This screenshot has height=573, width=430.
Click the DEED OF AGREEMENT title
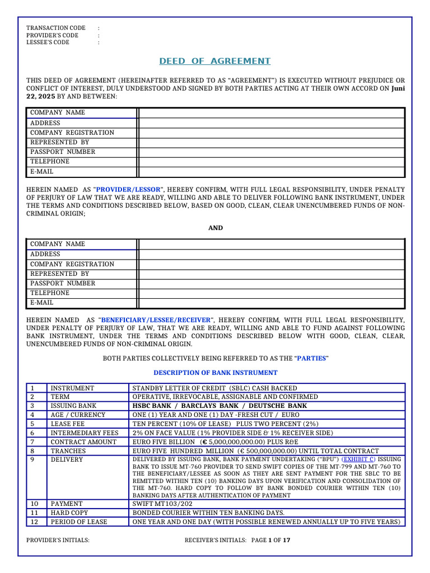[215, 61]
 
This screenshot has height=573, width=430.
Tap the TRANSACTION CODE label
[56, 28]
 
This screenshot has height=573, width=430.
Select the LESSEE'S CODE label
[48, 43]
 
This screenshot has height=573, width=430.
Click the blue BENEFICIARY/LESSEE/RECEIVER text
[155, 320]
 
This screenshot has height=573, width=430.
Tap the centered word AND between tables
[216, 228]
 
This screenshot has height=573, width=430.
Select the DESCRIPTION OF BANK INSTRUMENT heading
[216, 373]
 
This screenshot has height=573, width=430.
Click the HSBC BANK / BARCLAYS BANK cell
[219, 406]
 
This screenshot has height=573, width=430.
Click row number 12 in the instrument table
[35, 522]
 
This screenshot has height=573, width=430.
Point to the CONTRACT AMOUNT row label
[83, 442]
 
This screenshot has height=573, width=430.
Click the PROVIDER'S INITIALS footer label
[58, 541]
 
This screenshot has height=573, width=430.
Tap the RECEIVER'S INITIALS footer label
[216, 541]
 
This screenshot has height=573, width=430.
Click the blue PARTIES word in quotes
[311, 358]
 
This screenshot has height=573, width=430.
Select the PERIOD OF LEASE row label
[78, 522]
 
